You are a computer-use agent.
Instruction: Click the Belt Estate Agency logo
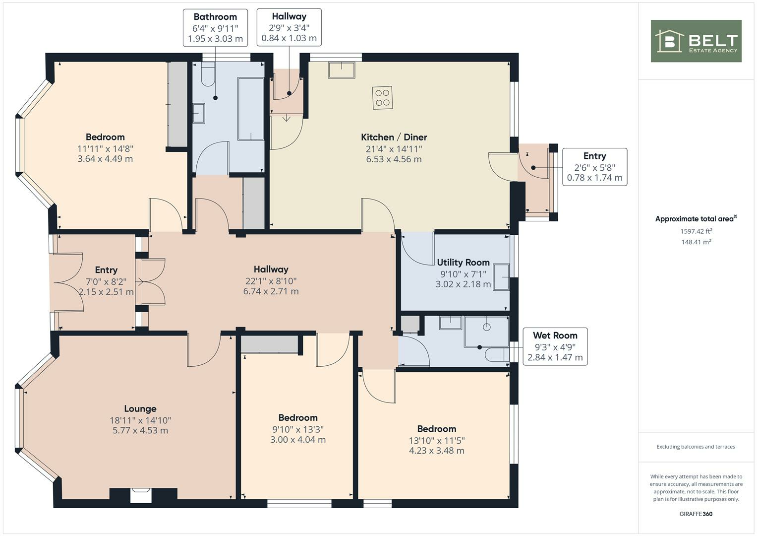pyautogui.click(x=696, y=41)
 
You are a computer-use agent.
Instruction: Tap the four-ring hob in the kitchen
pyautogui.click(x=382, y=98)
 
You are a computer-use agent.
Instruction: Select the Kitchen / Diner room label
pyautogui.click(x=394, y=137)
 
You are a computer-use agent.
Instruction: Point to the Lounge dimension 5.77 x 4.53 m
pyautogui.click(x=140, y=430)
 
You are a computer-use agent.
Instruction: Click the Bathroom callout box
pyautogui.click(x=215, y=28)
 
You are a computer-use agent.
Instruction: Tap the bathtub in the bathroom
pyautogui.click(x=251, y=108)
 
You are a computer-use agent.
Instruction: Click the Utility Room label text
pyautogui.click(x=463, y=263)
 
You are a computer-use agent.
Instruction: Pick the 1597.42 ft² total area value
pyautogui.click(x=696, y=231)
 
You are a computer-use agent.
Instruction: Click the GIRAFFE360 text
pyautogui.click(x=696, y=514)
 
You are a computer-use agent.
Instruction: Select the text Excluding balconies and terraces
pyautogui.click(x=696, y=447)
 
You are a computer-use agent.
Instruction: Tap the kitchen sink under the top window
pyautogui.click(x=341, y=70)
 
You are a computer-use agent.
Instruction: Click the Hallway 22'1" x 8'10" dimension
pyautogui.click(x=271, y=280)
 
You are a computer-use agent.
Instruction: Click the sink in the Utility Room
pyautogui.click(x=501, y=276)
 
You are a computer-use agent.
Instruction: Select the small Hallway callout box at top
pyautogui.click(x=289, y=27)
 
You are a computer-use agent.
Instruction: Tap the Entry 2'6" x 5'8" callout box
pyautogui.click(x=594, y=167)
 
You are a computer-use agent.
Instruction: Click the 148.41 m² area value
pyautogui.click(x=696, y=242)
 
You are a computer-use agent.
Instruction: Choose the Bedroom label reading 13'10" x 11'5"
pyautogui.click(x=436, y=440)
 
